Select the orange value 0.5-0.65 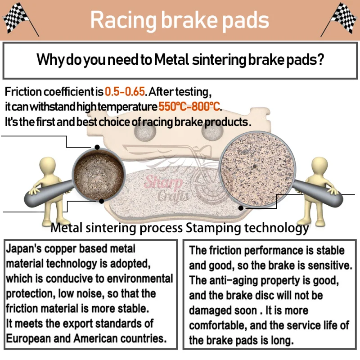[x=125, y=92]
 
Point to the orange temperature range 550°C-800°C [x=190, y=107]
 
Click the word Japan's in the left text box [x=22, y=248]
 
